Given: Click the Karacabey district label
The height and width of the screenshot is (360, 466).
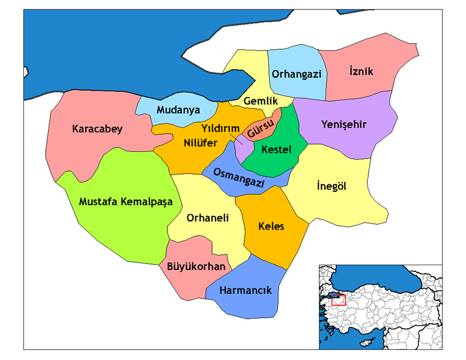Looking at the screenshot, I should click(97, 129).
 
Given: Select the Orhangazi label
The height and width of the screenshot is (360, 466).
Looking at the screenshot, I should click(297, 74).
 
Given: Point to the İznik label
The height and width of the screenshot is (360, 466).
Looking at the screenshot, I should click(361, 71).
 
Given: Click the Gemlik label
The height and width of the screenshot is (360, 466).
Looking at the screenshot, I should click(260, 102).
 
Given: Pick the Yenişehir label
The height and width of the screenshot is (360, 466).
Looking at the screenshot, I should click(343, 125).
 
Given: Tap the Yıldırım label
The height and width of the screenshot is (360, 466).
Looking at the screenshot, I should click(220, 129).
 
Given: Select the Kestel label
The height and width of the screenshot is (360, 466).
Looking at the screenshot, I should click(276, 149).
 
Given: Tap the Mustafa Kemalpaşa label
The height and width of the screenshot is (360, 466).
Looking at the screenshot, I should click(126, 202).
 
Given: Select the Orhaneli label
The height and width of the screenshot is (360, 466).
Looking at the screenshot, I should click(208, 218).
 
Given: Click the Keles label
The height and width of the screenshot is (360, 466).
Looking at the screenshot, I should click(271, 226).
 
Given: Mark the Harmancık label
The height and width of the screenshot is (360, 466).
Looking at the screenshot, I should click(246, 290).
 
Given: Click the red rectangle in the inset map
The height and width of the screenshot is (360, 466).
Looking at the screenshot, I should click(339, 300).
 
